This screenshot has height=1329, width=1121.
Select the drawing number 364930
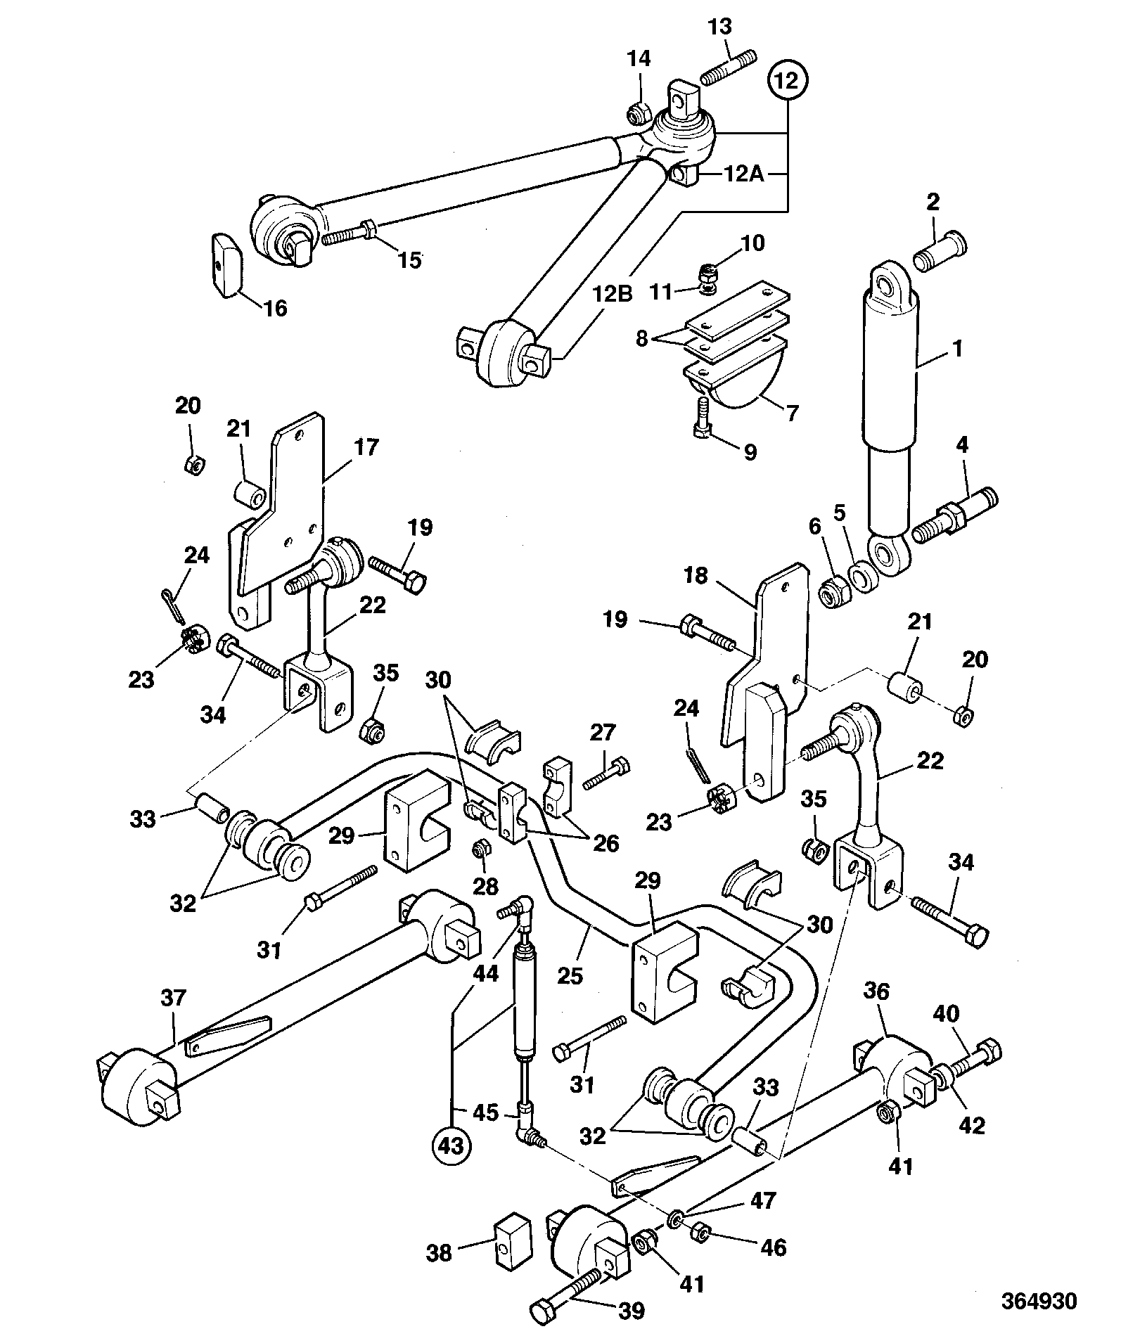[1039, 1300]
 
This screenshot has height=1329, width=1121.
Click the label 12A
[744, 174]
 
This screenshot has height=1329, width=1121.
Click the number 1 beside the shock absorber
[957, 348]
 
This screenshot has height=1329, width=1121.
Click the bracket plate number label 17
[367, 447]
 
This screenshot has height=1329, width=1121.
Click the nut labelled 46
[699, 1231]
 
